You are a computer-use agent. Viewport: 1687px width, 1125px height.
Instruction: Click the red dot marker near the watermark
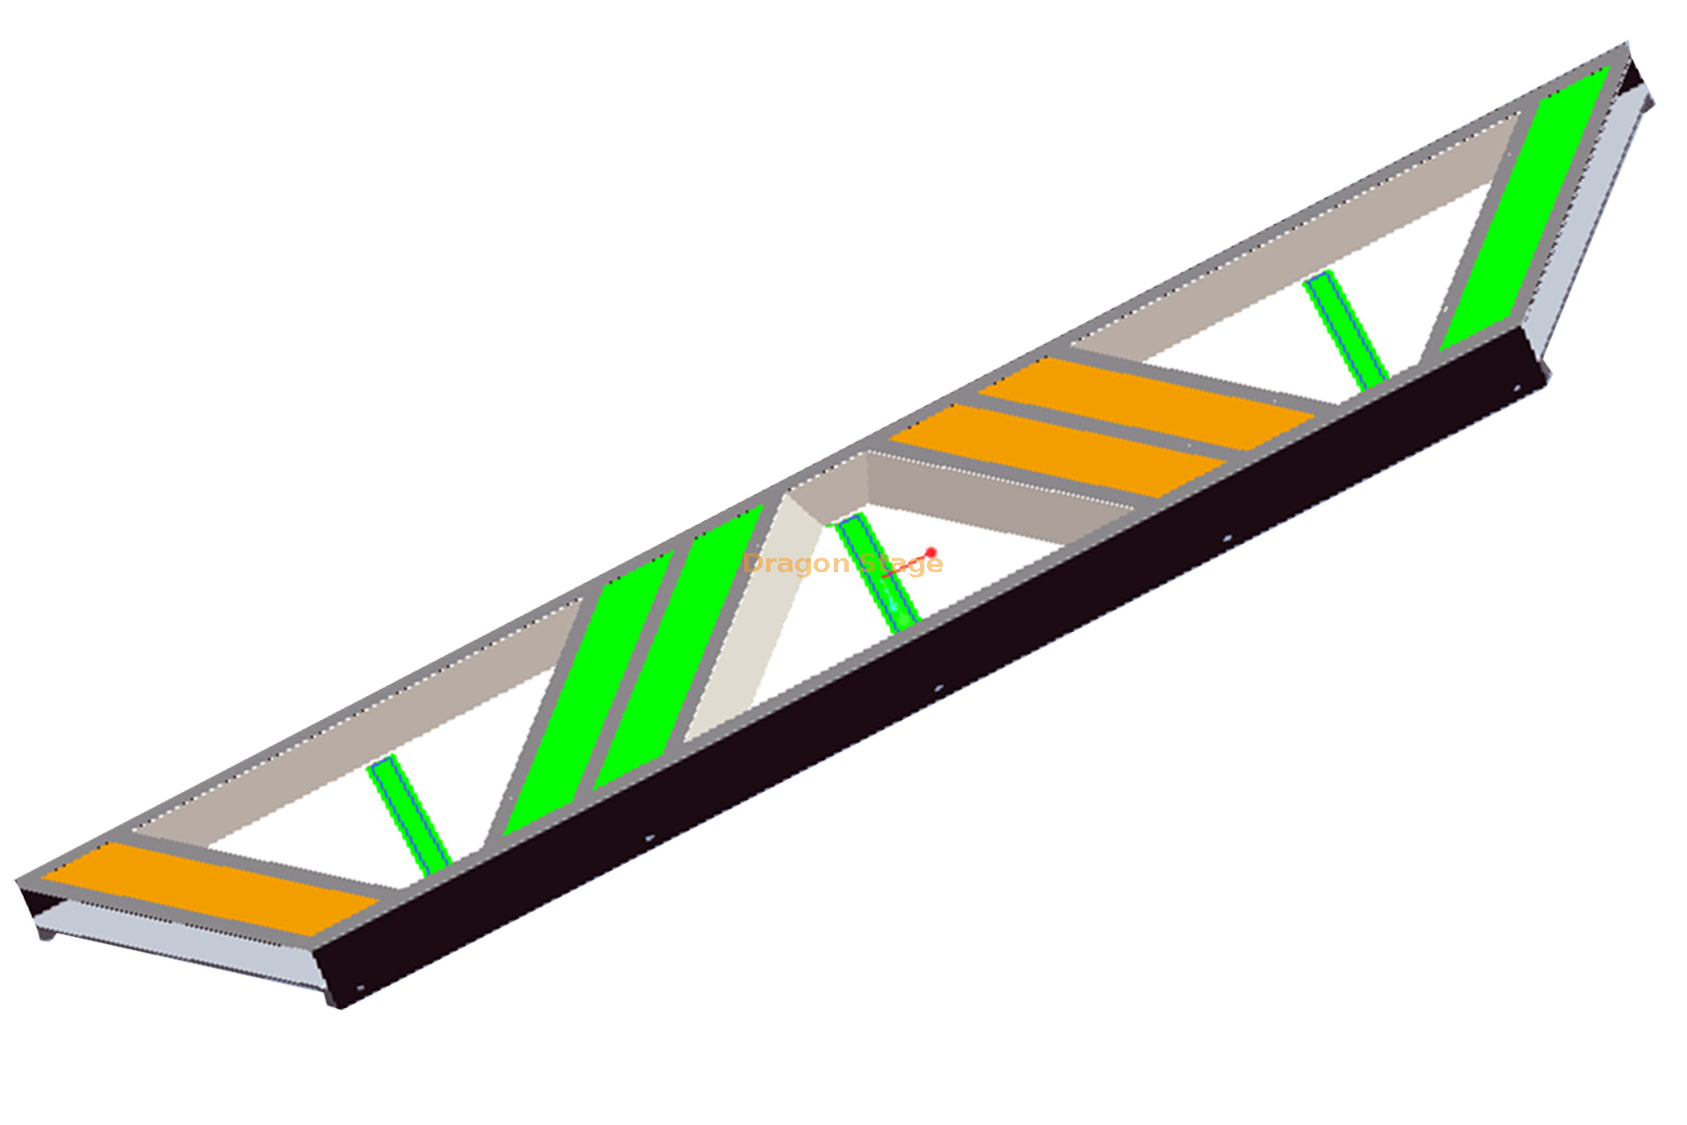point(931,552)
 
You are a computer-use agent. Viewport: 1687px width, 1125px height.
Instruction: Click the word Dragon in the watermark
point(797,563)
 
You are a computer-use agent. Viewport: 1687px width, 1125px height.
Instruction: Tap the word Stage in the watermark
point(901,563)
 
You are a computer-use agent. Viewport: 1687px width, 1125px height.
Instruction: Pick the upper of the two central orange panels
point(1142,402)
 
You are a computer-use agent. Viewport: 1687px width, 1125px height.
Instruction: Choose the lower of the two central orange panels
point(1054,450)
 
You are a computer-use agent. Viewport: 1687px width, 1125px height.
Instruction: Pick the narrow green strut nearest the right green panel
point(1345,330)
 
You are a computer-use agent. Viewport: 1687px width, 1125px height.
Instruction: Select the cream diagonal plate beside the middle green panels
point(756,615)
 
